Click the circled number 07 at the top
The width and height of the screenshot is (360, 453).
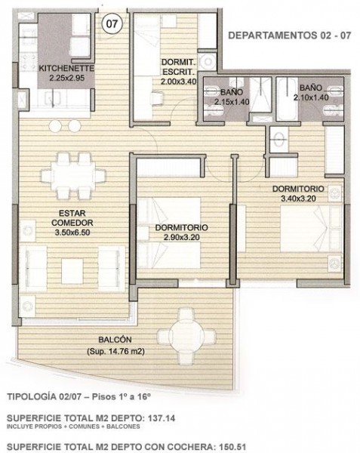click(x=112, y=23)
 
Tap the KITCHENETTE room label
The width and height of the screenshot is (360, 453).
click(x=67, y=65)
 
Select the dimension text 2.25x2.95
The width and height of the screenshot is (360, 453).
click(x=67, y=75)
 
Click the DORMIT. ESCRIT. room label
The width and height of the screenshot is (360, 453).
click(x=179, y=66)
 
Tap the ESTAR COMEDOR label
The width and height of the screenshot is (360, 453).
click(x=72, y=218)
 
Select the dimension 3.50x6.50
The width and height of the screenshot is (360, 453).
click(x=72, y=233)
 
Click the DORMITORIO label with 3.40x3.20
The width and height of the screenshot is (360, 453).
click(x=298, y=189)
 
